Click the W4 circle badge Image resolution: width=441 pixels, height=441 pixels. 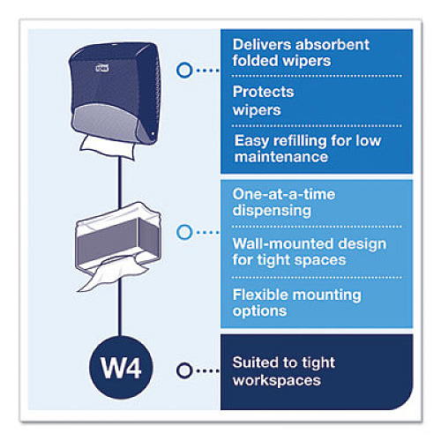(121, 368)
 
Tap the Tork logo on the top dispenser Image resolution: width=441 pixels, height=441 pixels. (102, 68)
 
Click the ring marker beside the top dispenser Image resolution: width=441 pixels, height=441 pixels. (184, 71)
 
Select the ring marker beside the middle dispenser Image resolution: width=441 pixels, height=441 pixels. (184, 232)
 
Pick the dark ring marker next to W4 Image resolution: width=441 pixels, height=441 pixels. (184, 370)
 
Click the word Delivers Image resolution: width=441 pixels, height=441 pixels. (262, 45)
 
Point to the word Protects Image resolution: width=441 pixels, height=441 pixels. (264, 92)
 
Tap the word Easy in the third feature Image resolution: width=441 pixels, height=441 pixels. (251, 141)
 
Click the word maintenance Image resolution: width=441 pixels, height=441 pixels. (281, 157)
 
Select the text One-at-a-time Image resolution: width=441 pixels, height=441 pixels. (284, 194)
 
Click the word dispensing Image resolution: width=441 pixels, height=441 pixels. (272, 211)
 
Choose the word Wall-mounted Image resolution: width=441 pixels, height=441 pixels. (283, 244)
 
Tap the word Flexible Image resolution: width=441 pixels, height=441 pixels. (260, 295)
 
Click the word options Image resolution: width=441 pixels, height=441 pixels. (259, 311)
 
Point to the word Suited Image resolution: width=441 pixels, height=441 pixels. (257, 363)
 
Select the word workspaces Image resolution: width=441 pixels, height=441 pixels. (277, 380)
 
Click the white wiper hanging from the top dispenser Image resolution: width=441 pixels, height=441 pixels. (108, 148)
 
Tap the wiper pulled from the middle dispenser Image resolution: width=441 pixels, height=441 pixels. (113, 274)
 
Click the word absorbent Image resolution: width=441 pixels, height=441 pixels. (333, 45)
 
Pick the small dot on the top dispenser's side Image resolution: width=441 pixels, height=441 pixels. (153, 134)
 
